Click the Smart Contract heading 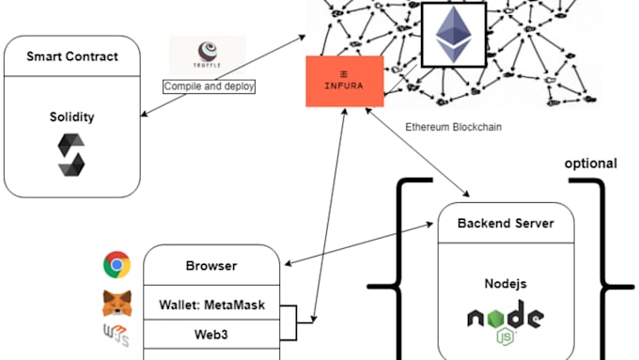coord(71,55)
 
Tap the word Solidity coord(71,117)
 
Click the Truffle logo coord(207,55)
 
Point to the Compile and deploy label coord(210,86)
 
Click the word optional coord(590,164)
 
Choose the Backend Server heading coord(506,224)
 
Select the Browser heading coord(211,266)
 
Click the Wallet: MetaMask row coord(211,305)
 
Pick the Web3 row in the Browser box coord(211,333)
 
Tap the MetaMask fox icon coord(117,304)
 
